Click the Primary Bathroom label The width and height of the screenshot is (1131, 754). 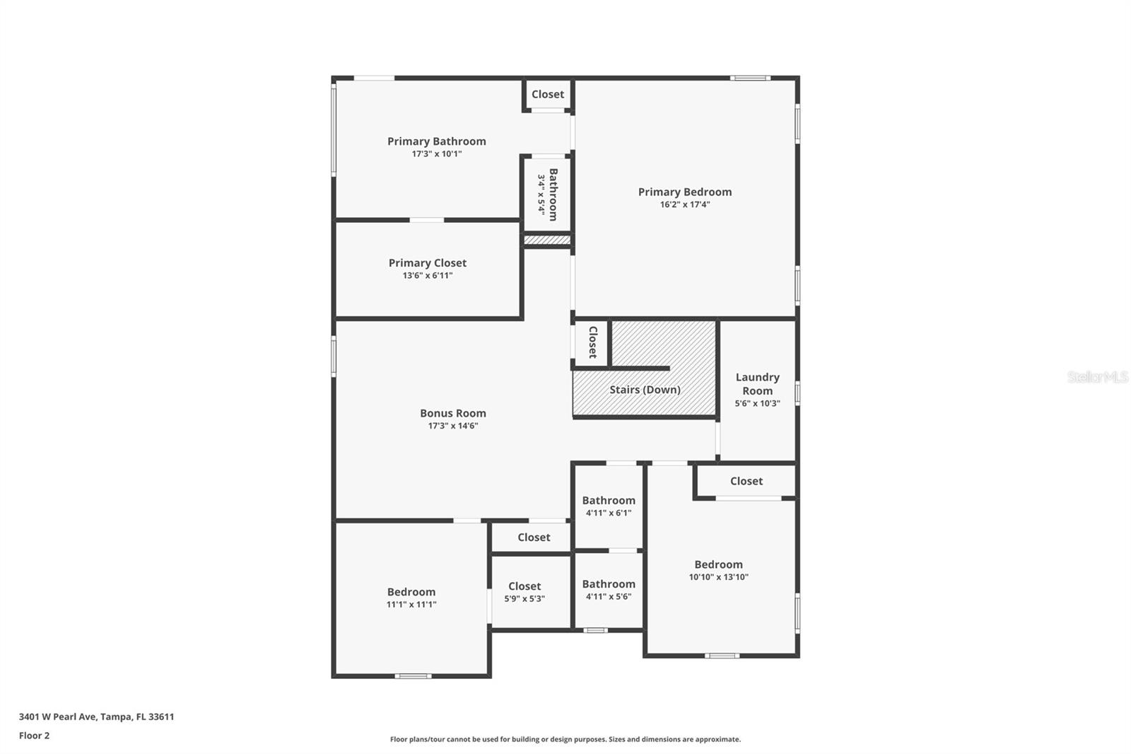click(436, 141)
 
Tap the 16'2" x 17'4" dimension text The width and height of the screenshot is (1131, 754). click(684, 205)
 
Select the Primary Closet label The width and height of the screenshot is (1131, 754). click(427, 263)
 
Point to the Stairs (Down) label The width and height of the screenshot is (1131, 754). click(645, 390)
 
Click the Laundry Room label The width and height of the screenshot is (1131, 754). click(757, 384)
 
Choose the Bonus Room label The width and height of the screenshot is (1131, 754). click(452, 413)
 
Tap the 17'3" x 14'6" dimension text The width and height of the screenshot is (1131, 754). click(452, 426)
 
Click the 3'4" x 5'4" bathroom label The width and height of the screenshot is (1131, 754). click(548, 195)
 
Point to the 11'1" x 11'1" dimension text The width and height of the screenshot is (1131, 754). click(411, 605)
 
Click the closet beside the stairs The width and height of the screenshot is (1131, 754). click(592, 342)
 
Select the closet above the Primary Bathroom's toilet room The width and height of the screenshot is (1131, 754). click(548, 94)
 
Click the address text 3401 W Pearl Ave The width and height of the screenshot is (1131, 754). click(96, 717)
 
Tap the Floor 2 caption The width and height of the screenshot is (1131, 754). click(34, 736)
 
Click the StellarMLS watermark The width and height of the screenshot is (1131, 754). click(1097, 377)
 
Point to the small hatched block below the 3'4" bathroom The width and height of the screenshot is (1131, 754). click(547, 240)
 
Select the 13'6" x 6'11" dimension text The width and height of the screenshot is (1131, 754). click(427, 276)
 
